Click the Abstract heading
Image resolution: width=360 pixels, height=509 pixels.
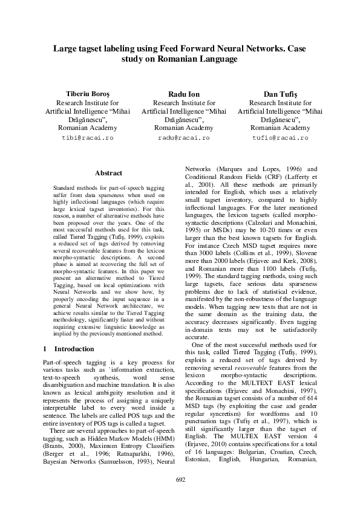click(x=109, y=173)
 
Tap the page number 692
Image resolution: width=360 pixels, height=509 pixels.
click(x=180, y=480)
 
